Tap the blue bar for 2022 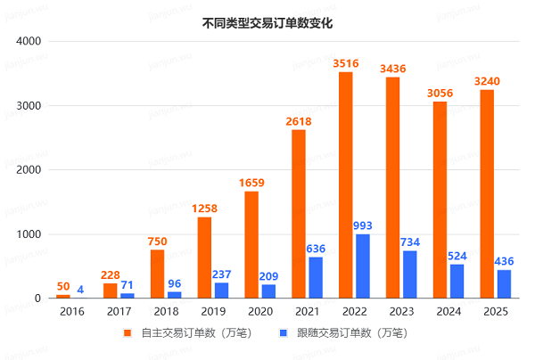pos(363,266)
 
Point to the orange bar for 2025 pos(487,194)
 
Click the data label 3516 pos(345,63)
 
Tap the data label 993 pos(363,225)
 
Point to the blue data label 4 pos(80,289)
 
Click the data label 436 pos(505,261)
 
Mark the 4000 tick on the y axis pos(29,41)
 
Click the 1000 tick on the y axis pos(29,234)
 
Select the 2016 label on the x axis pos(71,311)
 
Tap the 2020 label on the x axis pos(259,311)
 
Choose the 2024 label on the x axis pos(449,311)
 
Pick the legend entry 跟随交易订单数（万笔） pos(346,333)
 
